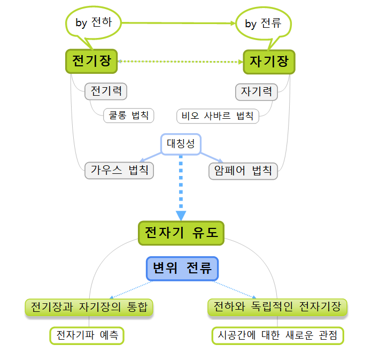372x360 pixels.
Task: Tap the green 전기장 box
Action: (91, 61)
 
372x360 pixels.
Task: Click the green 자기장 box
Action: (269, 62)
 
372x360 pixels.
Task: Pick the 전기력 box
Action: (106, 91)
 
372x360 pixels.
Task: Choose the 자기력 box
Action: (257, 91)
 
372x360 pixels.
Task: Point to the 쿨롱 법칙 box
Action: (128, 115)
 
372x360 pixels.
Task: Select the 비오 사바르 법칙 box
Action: (218, 116)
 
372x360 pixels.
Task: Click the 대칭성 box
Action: (181, 144)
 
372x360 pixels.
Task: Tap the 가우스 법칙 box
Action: (119, 171)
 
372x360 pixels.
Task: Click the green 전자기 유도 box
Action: (181, 233)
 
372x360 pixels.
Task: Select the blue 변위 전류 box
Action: (182, 269)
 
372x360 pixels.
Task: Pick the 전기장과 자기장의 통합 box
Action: (89, 307)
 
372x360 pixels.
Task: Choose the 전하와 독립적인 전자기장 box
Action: (277, 307)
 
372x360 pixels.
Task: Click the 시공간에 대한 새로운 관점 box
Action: (277, 335)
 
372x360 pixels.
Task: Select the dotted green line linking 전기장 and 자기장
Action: (180, 62)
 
